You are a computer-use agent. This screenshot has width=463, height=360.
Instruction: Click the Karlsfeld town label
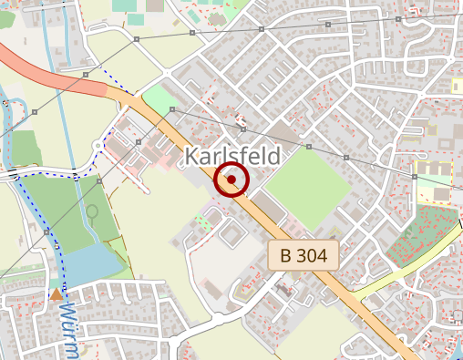[231, 156]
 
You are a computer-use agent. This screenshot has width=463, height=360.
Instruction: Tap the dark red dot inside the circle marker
[232, 180]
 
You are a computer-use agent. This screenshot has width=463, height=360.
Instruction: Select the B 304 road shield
[304, 254]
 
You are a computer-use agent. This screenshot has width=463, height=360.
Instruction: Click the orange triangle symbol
[57, 293]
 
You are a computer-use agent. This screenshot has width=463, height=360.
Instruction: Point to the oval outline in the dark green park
[91, 215]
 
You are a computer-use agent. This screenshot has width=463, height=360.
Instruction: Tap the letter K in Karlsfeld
[191, 156]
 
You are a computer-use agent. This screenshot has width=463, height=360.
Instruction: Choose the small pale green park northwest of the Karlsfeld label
[159, 98]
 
